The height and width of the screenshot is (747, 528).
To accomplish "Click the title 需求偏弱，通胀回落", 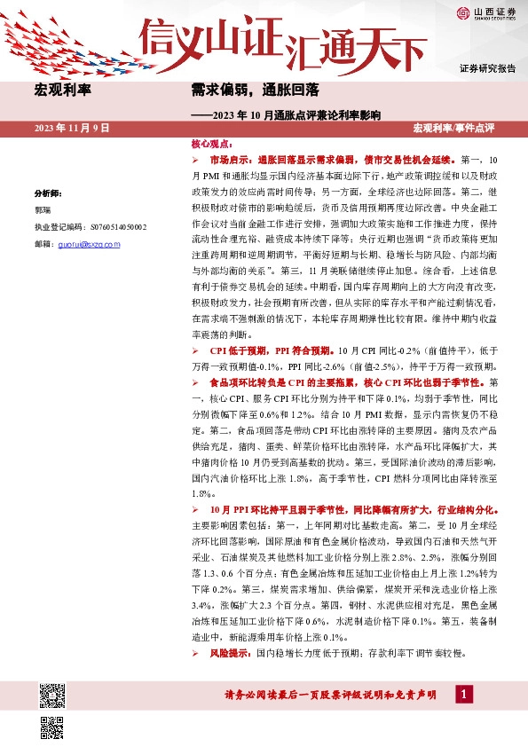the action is tap(256, 90).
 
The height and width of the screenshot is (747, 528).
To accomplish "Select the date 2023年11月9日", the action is tap(72, 129).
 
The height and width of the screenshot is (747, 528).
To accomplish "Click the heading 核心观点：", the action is tap(211, 143).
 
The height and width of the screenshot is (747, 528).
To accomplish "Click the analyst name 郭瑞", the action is tap(43, 210).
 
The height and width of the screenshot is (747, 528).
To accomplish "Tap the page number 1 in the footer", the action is tap(462, 695).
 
